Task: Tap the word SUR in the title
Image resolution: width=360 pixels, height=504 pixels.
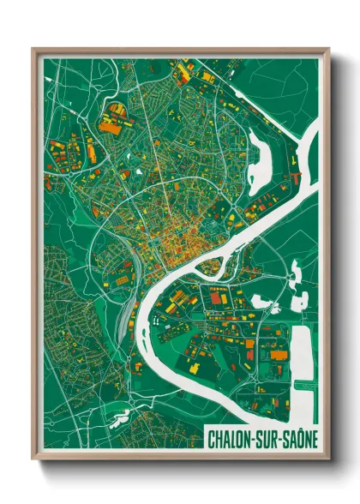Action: pyautogui.click(x=265, y=438)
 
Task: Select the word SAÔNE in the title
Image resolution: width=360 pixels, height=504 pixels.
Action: pyautogui.click(x=297, y=438)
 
